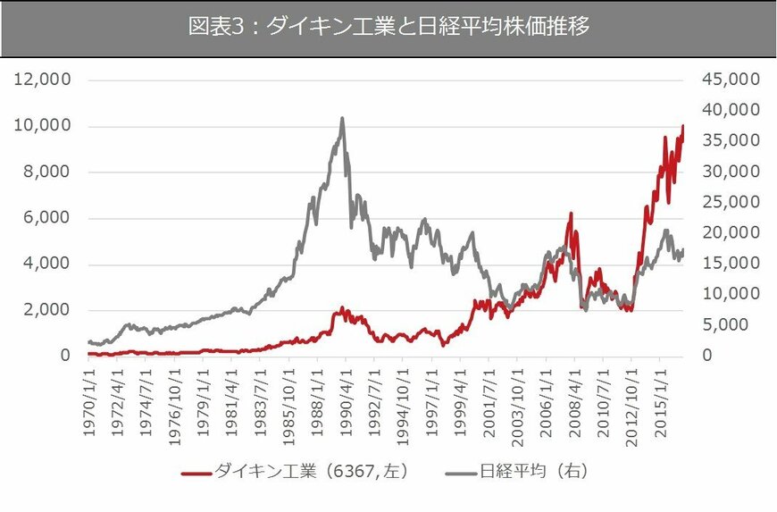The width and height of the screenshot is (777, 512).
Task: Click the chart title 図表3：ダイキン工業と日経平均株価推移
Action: point(388,27)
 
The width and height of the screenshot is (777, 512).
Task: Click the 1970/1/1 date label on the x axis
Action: point(90,392)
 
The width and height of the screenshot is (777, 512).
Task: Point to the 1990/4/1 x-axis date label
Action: point(347,392)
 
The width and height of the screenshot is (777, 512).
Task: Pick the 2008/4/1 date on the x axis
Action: point(574,392)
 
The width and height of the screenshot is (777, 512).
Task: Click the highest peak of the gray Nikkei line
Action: point(342,118)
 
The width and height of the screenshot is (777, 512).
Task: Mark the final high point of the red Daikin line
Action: point(683,126)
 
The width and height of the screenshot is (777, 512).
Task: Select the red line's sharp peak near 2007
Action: point(570,214)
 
